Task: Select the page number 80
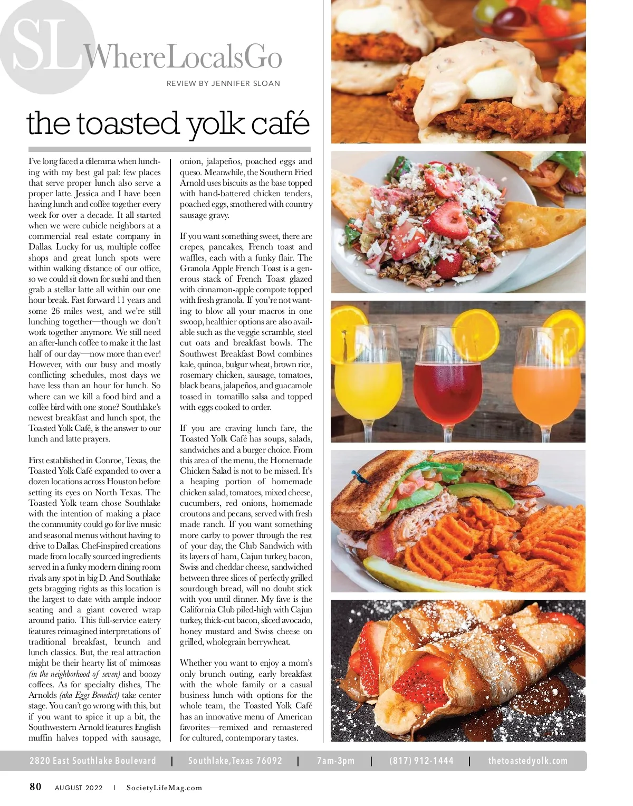click(x=35, y=787)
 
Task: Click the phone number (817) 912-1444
click(x=421, y=761)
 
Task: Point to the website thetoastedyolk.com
click(x=527, y=761)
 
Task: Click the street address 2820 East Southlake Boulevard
click(x=93, y=761)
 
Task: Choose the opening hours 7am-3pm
click(x=335, y=761)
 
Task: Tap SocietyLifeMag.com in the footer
click(x=164, y=788)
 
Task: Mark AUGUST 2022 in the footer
click(x=79, y=788)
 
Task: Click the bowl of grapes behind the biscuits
click(x=527, y=21)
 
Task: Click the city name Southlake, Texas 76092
click(x=235, y=761)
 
